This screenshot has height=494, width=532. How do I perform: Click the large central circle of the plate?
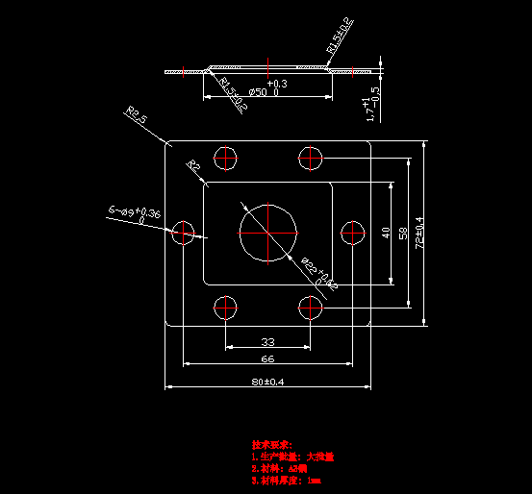pos(268,232)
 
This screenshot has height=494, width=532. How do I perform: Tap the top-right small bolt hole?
pos(310,157)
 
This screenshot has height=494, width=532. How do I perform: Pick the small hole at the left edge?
pos(184,232)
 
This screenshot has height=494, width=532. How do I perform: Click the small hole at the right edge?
pos(352,232)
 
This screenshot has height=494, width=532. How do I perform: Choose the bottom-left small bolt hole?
pos(226,308)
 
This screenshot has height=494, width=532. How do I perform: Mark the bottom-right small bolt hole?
pos(310,308)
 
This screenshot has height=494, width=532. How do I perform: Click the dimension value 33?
pos(267,341)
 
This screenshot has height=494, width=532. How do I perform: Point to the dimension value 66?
pos(267,358)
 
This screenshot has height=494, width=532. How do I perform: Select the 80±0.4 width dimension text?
pos(268,382)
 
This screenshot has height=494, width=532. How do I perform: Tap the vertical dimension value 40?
pos(386,233)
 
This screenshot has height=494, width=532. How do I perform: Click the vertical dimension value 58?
pos(402,233)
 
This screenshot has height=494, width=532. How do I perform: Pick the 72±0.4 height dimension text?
pos(419,233)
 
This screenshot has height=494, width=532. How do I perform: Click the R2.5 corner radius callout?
pos(136,117)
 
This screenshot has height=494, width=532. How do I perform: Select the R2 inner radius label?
pos(193,166)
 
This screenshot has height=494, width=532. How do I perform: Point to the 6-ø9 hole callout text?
pos(135,211)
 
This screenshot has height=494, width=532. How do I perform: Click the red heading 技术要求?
pos(271,445)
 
